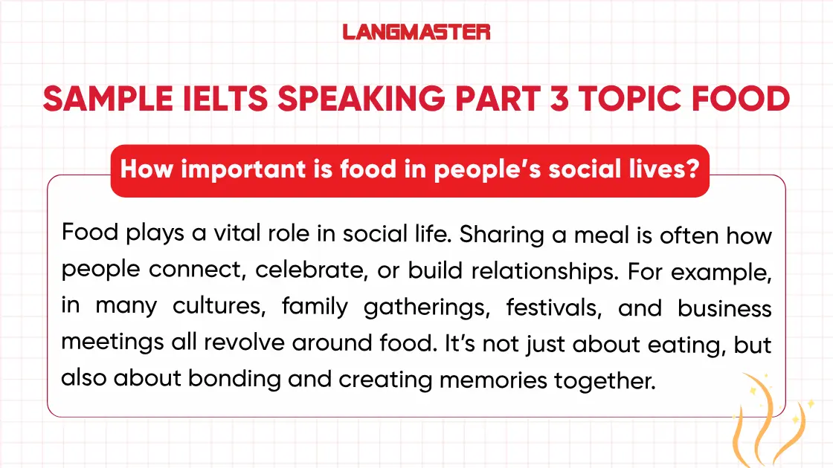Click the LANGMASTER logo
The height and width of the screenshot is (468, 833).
(x=416, y=32)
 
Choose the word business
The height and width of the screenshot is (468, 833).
(x=724, y=306)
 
